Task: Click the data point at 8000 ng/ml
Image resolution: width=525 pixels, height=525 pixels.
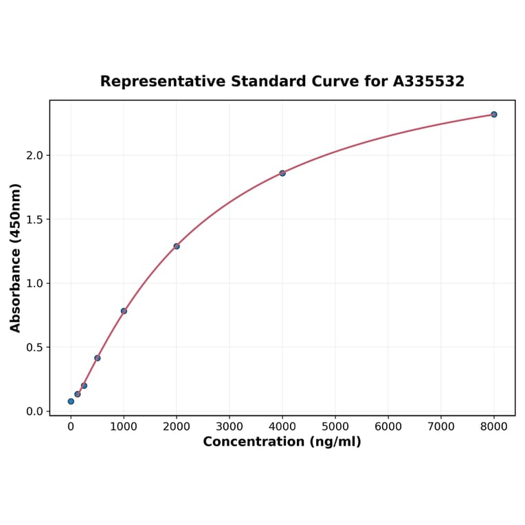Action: click(x=493, y=114)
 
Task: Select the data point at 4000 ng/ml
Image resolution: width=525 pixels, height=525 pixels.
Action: click(x=282, y=173)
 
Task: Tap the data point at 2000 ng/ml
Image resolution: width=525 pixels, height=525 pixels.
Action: click(x=177, y=246)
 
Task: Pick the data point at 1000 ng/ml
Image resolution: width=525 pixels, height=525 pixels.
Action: click(x=124, y=311)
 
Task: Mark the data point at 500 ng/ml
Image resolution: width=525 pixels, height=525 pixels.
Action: click(x=98, y=358)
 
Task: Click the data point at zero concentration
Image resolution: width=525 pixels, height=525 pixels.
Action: click(x=71, y=401)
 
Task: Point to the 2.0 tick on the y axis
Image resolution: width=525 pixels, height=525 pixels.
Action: click(x=34, y=155)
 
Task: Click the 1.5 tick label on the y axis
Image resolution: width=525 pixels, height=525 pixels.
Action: click(x=34, y=219)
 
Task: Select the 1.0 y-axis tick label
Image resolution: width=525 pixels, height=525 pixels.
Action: click(x=34, y=283)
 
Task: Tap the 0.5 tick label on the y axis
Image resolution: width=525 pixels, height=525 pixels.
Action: click(x=34, y=347)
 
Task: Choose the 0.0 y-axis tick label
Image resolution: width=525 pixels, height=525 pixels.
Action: click(x=34, y=411)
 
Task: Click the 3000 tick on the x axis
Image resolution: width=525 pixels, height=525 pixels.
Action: click(x=230, y=427)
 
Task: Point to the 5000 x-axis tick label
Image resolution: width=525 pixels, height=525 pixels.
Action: click(x=335, y=427)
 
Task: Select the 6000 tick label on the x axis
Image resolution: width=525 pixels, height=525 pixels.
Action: click(x=388, y=427)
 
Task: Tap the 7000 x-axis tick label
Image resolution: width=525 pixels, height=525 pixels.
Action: click(x=441, y=427)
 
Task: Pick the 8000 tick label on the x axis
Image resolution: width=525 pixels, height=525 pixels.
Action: click(x=494, y=427)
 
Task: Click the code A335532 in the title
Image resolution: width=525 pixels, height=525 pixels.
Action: click(x=429, y=81)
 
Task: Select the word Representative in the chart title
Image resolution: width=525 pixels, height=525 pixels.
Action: click(x=162, y=81)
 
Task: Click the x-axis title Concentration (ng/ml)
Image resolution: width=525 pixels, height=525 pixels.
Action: click(x=282, y=442)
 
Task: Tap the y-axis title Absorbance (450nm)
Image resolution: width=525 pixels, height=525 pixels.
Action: click(x=16, y=258)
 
